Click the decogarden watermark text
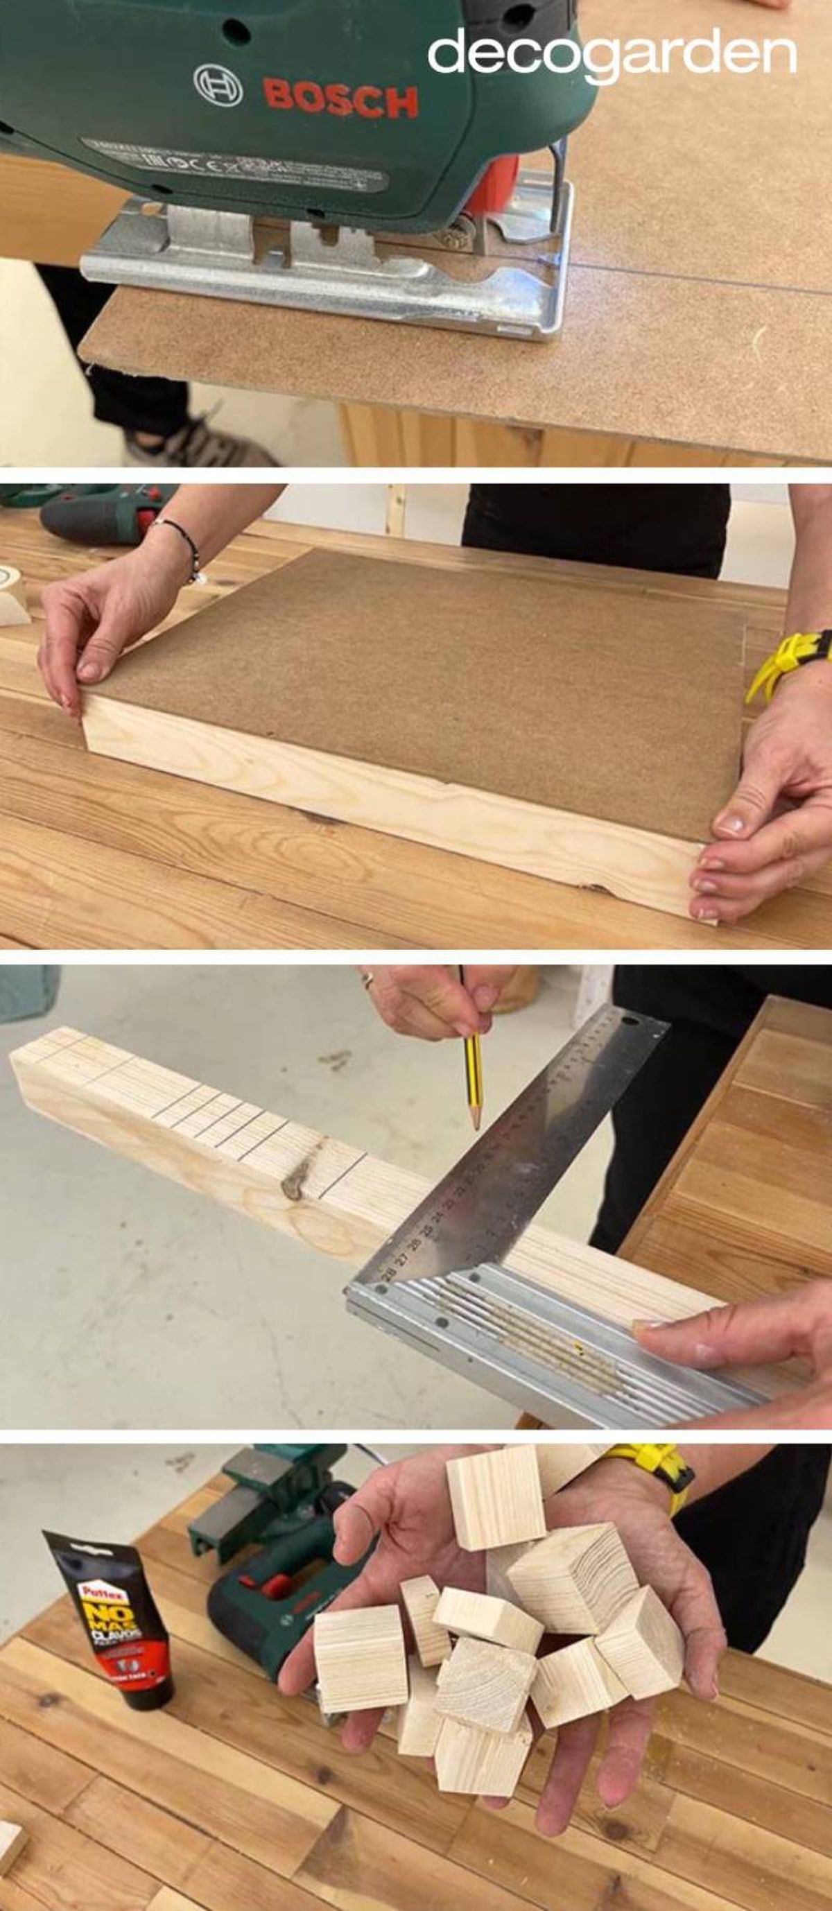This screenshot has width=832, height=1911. pyautogui.click(x=612, y=53)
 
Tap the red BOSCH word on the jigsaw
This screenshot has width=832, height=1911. pyautogui.click(x=340, y=100)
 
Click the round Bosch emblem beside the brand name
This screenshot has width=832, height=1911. pyautogui.click(x=218, y=83)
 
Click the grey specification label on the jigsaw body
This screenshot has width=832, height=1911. pyautogui.click(x=237, y=165)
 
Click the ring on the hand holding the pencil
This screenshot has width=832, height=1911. pyautogui.click(x=367, y=980)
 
